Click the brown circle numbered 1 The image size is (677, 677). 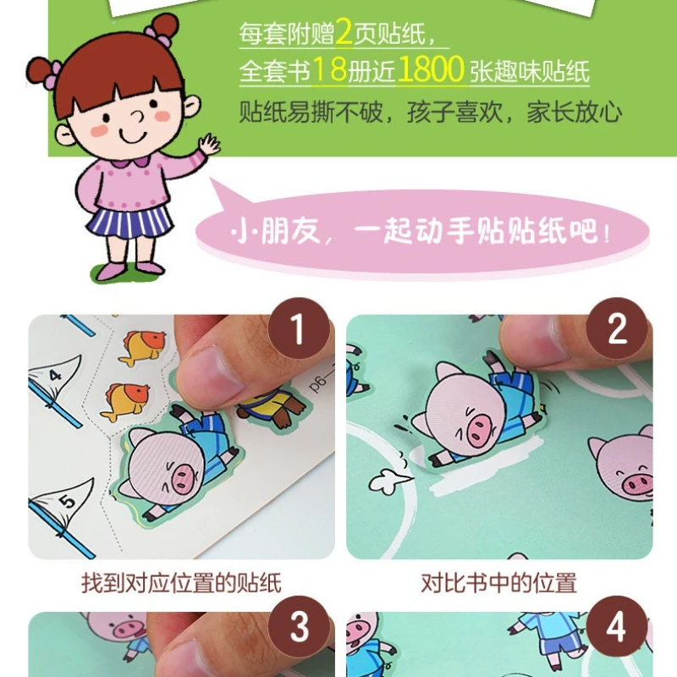point(299,328)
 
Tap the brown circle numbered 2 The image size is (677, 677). point(617,328)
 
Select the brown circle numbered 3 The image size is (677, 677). point(299,627)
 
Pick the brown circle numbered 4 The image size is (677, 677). point(617,627)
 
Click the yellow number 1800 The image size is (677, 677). point(431,69)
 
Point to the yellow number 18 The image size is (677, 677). point(329,69)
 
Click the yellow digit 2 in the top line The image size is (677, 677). point(344,31)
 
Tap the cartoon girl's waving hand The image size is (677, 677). point(209,145)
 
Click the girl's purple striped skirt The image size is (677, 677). point(129,223)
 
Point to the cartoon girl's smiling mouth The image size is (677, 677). point(133,136)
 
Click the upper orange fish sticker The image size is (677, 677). point(141,347)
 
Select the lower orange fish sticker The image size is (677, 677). point(125,400)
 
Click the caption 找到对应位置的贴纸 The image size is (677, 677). point(181,583)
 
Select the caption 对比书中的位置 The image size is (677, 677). point(498,583)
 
